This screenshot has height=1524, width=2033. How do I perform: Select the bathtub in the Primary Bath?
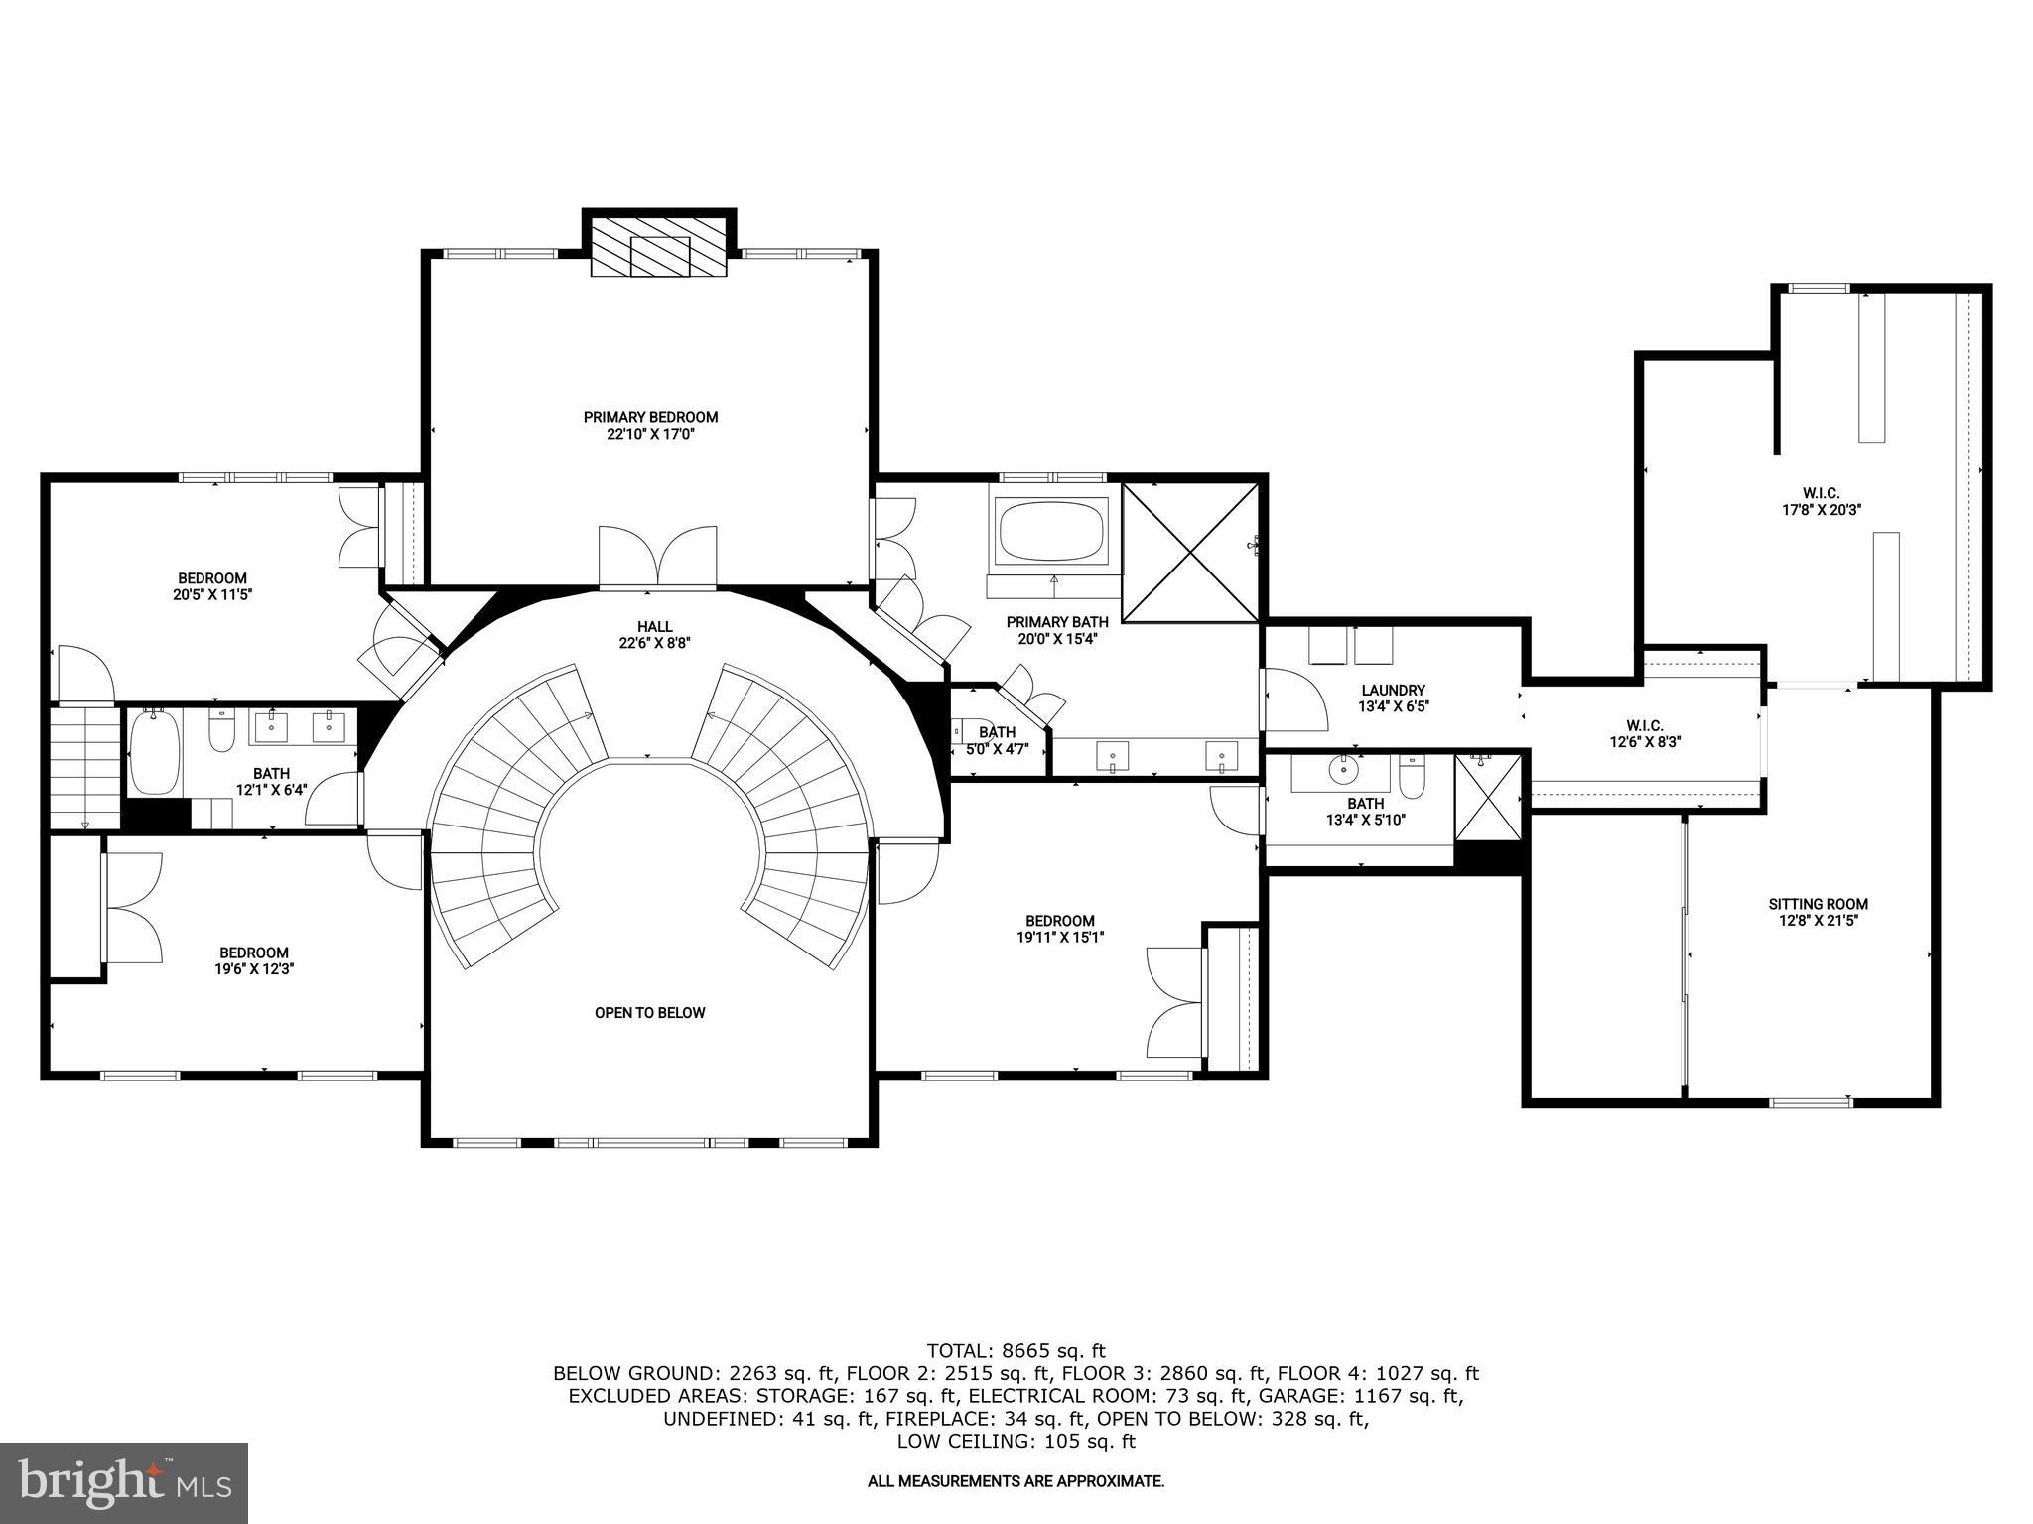tap(1052, 533)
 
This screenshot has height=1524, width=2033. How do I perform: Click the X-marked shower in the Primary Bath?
tap(1190, 553)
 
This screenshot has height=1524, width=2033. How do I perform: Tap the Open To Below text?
tap(649, 1013)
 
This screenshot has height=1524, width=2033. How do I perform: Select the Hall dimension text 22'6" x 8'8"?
tap(654, 643)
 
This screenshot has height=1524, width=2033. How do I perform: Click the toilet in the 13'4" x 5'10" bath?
tap(1411, 776)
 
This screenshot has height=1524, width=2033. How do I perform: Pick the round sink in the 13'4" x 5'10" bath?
tap(1344, 769)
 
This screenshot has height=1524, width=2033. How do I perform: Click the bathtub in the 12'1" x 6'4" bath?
tap(154, 752)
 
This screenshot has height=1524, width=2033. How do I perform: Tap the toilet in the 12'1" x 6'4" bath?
tap(220, 730)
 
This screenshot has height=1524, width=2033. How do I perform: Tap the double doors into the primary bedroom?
tap(657, 558)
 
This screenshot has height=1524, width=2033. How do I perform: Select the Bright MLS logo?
tap(124, 1482)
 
